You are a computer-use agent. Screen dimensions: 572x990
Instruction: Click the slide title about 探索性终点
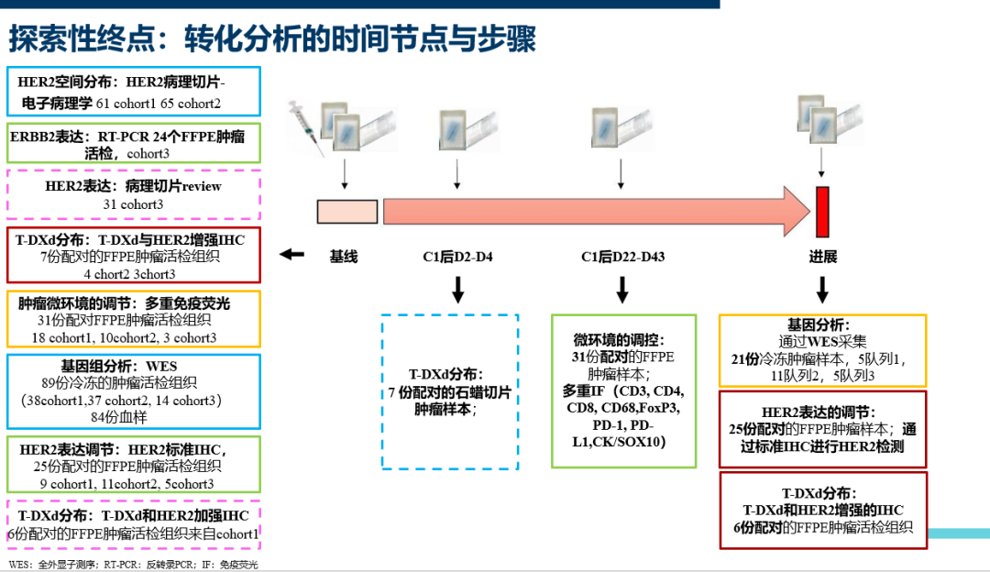[272, 38]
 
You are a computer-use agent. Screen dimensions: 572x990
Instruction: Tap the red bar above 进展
[822, 212]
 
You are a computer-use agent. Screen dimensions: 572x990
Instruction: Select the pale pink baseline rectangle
[347, 212]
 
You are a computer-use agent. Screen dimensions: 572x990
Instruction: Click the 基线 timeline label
[344, 257]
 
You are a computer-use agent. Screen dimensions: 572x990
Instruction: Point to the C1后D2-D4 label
[457, 257]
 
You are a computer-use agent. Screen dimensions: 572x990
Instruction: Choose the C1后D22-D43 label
[622, 257]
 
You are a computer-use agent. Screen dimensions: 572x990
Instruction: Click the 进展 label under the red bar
[822, 257]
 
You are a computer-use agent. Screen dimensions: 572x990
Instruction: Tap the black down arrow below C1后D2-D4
[457, 290]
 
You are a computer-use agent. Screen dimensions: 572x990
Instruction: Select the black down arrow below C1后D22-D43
[622, 290]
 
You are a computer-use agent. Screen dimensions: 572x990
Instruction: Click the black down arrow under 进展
[822, 290]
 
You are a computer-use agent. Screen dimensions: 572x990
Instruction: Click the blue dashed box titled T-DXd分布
[450, 391]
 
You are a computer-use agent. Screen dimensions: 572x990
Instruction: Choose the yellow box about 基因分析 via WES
[822, 349]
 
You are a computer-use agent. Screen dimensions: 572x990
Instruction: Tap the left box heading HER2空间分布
[133, 92]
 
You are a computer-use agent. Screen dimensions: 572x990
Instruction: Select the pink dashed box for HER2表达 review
[133, 194]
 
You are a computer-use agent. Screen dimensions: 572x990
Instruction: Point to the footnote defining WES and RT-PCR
[133, 565]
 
